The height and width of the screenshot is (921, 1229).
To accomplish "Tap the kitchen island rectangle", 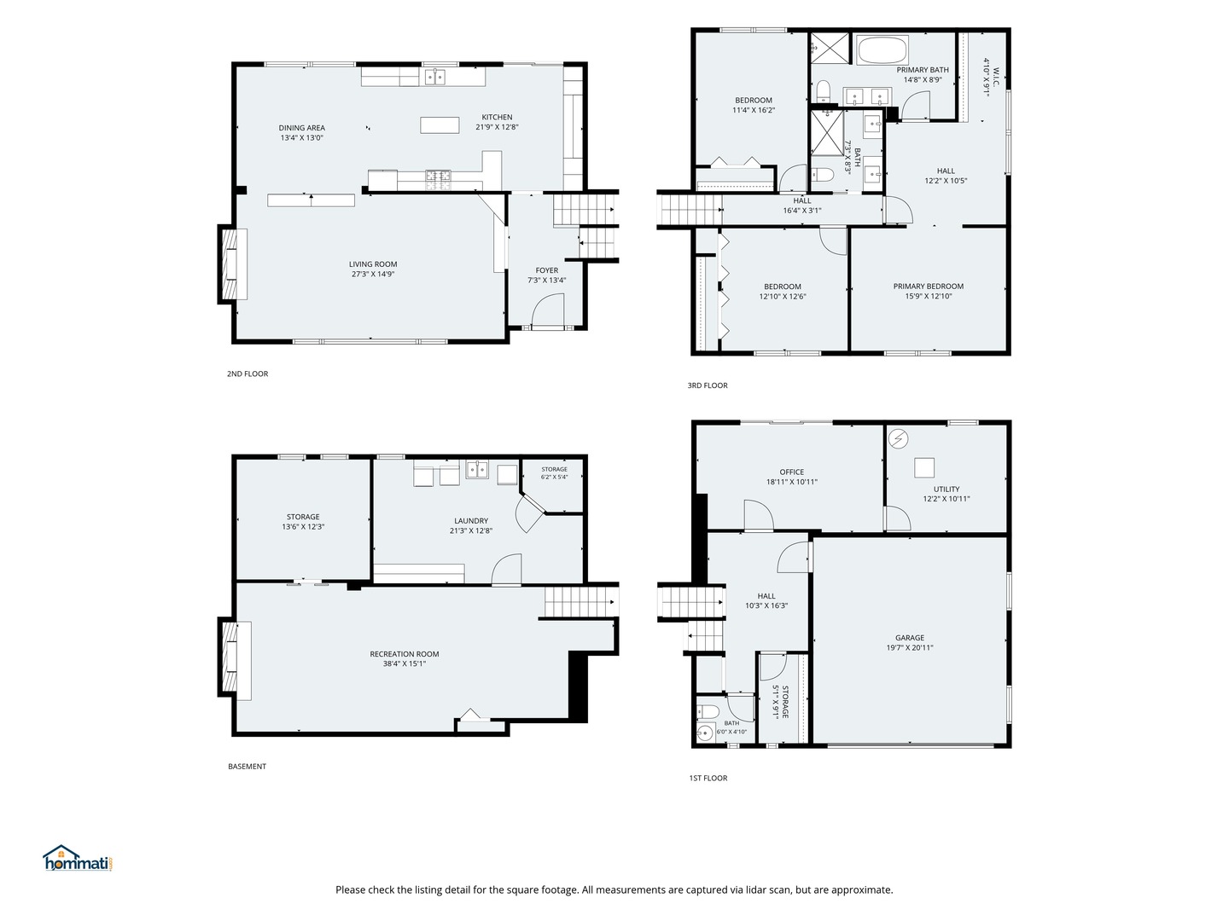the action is pos(440,125).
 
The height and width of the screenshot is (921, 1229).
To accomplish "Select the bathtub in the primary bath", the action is pos(882,50).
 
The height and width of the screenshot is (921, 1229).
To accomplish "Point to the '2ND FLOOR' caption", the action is pos(248,374).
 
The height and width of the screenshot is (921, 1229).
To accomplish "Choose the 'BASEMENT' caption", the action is pos(247,766).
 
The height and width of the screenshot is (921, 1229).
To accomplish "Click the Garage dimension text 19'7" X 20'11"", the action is pos(909,647).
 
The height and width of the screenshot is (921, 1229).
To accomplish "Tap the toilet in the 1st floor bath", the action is pos(708,712).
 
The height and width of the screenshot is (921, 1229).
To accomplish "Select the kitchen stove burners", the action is pos(438,175).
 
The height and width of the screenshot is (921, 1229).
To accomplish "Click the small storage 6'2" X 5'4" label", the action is pos(554,473).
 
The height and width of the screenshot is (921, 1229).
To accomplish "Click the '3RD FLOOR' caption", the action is pos(708,385).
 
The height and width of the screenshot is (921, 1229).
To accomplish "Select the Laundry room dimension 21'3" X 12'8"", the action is pos(471,530).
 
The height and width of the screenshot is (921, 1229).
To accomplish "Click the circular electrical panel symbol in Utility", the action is pos(898,439).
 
